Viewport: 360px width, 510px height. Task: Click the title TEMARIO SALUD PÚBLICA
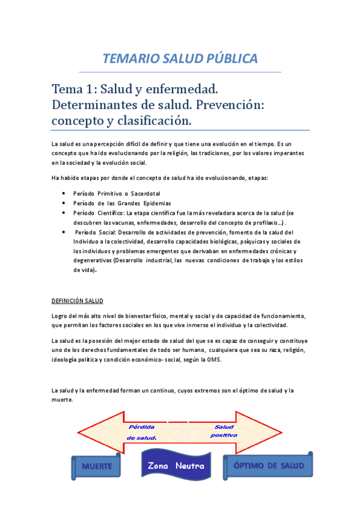180,58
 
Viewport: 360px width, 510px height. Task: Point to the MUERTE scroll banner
97,466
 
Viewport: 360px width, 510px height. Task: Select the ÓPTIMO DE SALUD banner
269,465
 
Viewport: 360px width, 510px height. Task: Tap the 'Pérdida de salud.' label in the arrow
142,432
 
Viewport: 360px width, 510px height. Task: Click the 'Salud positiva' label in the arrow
224,431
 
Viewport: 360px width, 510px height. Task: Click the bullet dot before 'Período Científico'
64,213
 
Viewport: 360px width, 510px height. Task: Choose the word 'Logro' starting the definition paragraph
61,316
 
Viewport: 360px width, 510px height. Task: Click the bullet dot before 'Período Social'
64,232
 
